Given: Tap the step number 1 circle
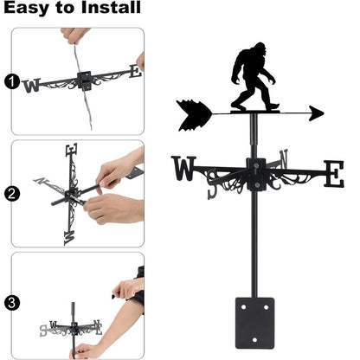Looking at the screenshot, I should tap(11, 82).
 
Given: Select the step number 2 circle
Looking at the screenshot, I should tap(11, 194).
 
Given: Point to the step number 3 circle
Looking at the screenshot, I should tap(11, 303).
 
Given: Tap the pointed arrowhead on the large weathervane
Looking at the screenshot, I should tap(316, 112).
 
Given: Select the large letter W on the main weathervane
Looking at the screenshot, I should tap(185, 168).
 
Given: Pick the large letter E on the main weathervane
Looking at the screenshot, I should tap(332, 173).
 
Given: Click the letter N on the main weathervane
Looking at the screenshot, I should tap(286, 160).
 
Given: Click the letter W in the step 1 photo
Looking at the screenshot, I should tap(33, 85).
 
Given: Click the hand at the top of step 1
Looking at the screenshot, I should tap(76, 35).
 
